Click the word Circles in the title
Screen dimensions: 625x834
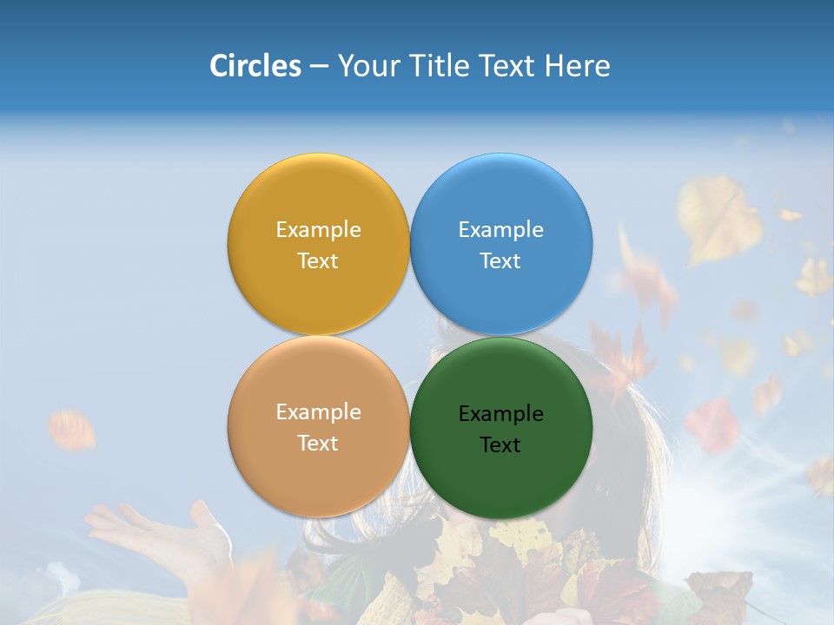255,65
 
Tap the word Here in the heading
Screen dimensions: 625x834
577,65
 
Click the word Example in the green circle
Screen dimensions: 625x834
501,414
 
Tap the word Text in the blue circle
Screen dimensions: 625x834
500,261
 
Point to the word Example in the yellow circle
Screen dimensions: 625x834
318,230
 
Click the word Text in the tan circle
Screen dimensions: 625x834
318,444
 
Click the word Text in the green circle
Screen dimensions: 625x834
500,445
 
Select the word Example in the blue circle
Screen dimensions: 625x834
501,230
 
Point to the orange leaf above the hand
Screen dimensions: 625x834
71,430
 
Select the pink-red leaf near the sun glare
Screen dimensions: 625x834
712,425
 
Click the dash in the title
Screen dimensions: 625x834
319,67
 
